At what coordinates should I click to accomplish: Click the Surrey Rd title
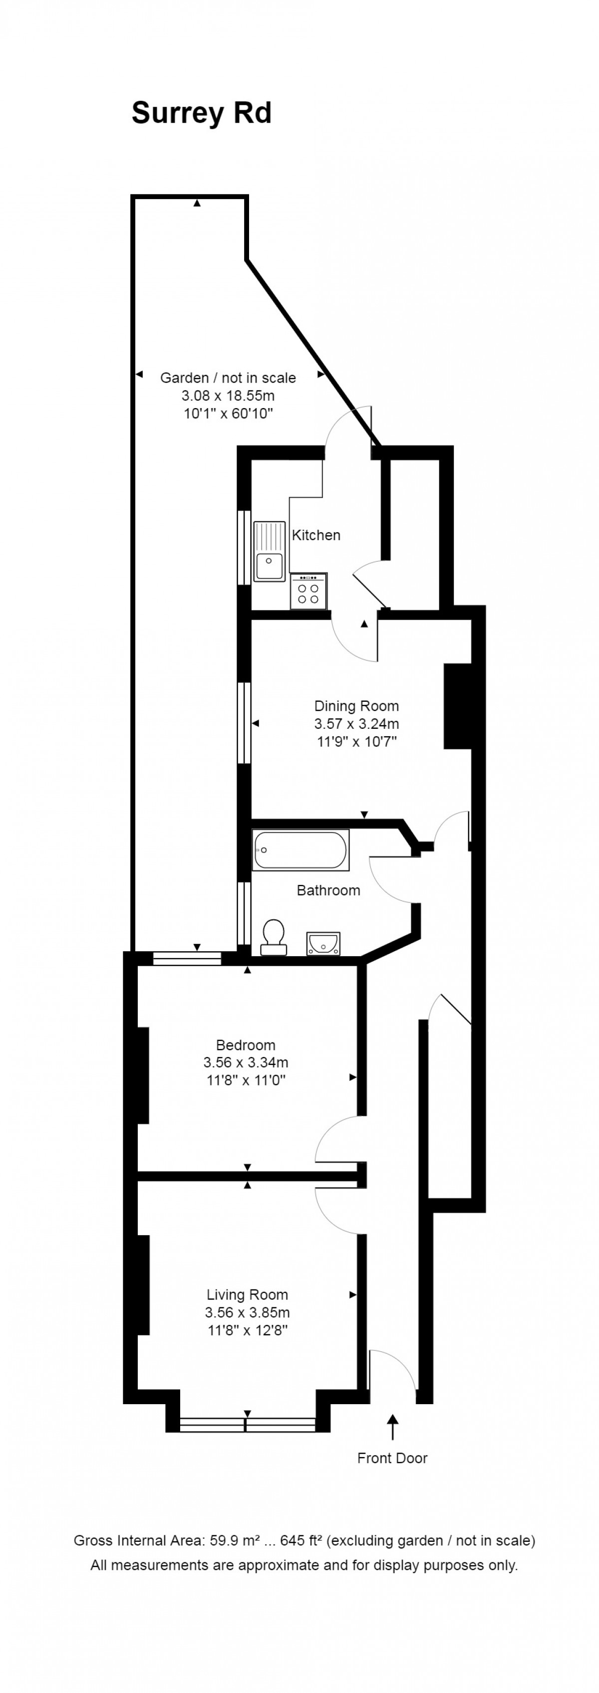tap(201, 113)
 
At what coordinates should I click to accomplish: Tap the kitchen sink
tap(269, 551)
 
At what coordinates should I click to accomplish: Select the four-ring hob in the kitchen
tap(308, 592)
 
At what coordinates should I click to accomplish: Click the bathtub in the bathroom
tap(300, 850)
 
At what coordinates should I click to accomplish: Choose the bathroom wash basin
tap(323, 943)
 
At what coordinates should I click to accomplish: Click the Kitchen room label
tap(316, 535)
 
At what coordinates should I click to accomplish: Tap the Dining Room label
tap(356, 706)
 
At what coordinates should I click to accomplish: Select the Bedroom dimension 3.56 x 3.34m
tap(246, 1062)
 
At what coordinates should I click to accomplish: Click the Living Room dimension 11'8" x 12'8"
tap(247, 1330)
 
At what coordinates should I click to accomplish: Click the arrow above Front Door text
tap(392, 1426)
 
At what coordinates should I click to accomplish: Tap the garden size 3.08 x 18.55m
tap(228, 396)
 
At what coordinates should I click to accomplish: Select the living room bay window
tap(247, 1424)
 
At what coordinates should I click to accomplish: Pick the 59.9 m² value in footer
tap(234, 1540)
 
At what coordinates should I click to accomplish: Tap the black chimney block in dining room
tap(458, 706)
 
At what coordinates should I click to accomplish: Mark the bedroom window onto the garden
tap(187, 958)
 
